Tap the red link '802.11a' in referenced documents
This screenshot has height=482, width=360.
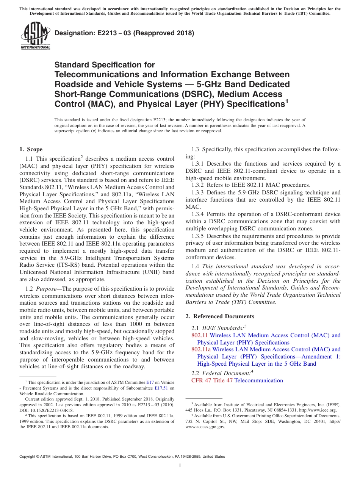[x=201, y=349]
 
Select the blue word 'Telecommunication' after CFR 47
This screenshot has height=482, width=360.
[x=259, y=380]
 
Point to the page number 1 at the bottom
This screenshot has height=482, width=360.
[x=180, y=466]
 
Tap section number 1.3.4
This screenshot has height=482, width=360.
[x=199, y=214]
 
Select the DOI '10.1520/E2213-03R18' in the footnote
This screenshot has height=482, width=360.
[x=52, y=410]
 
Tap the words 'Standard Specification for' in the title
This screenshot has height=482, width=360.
[x=105, y=65]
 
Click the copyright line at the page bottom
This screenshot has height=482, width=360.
[x=122, y=457]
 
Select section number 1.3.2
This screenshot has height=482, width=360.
[x=199, y=185]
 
